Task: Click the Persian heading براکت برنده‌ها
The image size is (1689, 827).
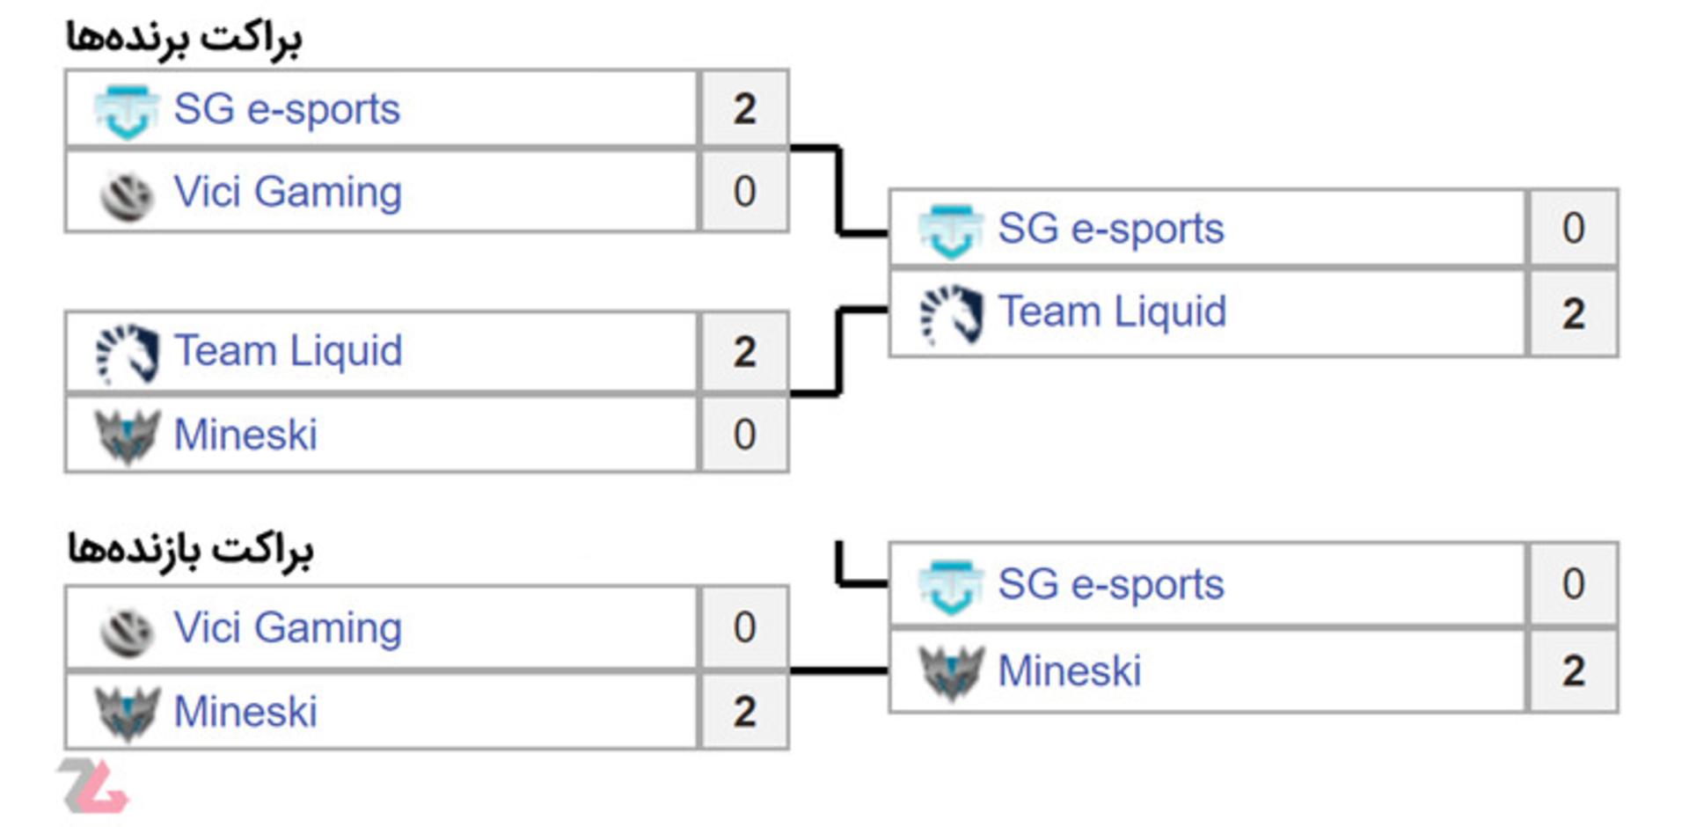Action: pyautogui.click(x=184, y=39)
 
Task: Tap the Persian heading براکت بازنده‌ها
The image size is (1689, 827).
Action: pyautogui.click(x=190, y=550)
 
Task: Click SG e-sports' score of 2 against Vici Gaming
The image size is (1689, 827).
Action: pyautogui.click(x=744, y=109)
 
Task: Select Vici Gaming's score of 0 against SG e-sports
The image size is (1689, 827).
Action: pyautogui.click(x=744, y=192)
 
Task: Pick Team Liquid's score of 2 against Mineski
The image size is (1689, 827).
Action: pyautogui.click(x=744, y=352)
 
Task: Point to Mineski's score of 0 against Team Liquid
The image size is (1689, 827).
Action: pyautogui.click(x=744, y=435)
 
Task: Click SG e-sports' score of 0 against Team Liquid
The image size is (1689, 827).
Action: pyautogui.click(x=1573, y=229)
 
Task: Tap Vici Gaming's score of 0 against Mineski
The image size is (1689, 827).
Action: pyautogui.click(x=744, y=627)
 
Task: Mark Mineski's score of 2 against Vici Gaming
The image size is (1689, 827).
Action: pyautogui.click(x=744, y=712)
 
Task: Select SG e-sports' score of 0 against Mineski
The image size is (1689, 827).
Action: pyautogui.click(x=1573, y=584)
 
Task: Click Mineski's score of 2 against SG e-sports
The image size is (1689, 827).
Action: pyautogui.click(x=1573, y=671)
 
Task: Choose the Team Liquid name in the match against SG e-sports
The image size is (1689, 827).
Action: pyautogui.click(x=1112, y=312)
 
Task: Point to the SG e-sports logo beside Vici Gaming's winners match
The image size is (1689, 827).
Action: pyautogui.click(x=127, y=112)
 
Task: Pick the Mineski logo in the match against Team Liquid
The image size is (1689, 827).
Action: pyautogui.click(x=127, y=436)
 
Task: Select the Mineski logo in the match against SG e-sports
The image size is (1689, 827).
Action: pyautogui.click(x=951, y=673)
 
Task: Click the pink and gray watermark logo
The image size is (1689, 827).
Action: pyautogui.click(x=95, y=786)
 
